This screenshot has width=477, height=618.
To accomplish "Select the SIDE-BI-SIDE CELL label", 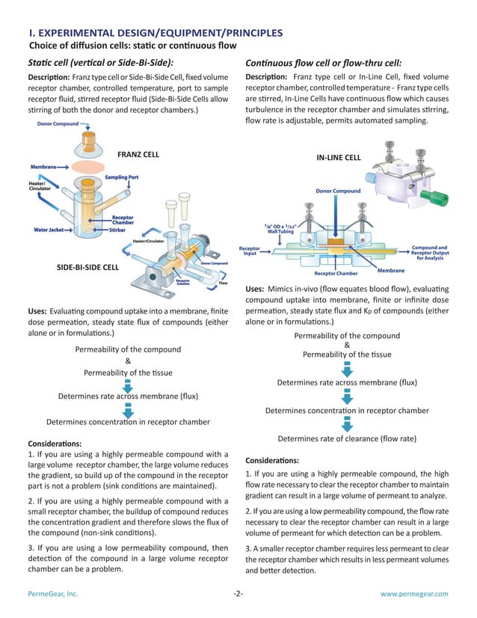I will [87, 267].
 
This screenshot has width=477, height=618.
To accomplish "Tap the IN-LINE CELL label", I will [339, 158].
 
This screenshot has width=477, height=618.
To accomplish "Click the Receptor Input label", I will [251, 251].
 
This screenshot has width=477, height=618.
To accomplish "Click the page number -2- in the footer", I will [238, 593].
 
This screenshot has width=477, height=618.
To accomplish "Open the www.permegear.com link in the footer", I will [414, 593].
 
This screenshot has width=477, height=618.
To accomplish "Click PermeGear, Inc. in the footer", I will [53, 593].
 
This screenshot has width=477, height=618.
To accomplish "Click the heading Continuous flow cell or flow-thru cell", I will [324, 62].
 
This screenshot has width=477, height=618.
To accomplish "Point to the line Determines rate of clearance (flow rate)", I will [347, 438].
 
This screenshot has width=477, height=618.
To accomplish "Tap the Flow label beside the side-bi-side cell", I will [223, 283].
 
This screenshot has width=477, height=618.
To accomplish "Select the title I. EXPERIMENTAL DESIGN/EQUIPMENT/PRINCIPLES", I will [156, 33].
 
